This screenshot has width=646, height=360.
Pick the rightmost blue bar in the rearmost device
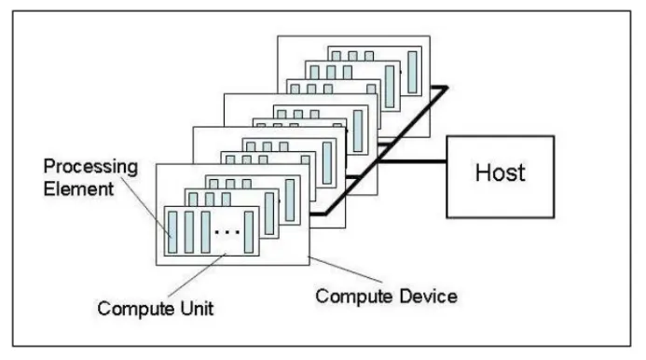(412, 74)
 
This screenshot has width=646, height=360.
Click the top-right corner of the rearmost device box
(429, 37)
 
